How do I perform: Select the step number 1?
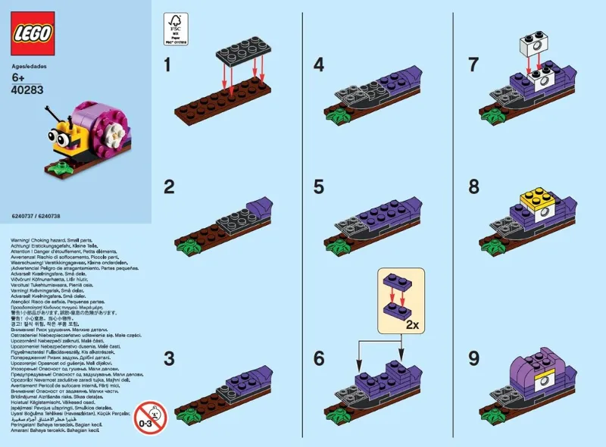[169, 66]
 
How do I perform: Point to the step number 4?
[318, 66]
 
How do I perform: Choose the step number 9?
[473, 357]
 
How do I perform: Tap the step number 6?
[318, 357]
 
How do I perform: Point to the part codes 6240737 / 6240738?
[36, 216]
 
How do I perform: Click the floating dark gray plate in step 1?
[243, 51]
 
